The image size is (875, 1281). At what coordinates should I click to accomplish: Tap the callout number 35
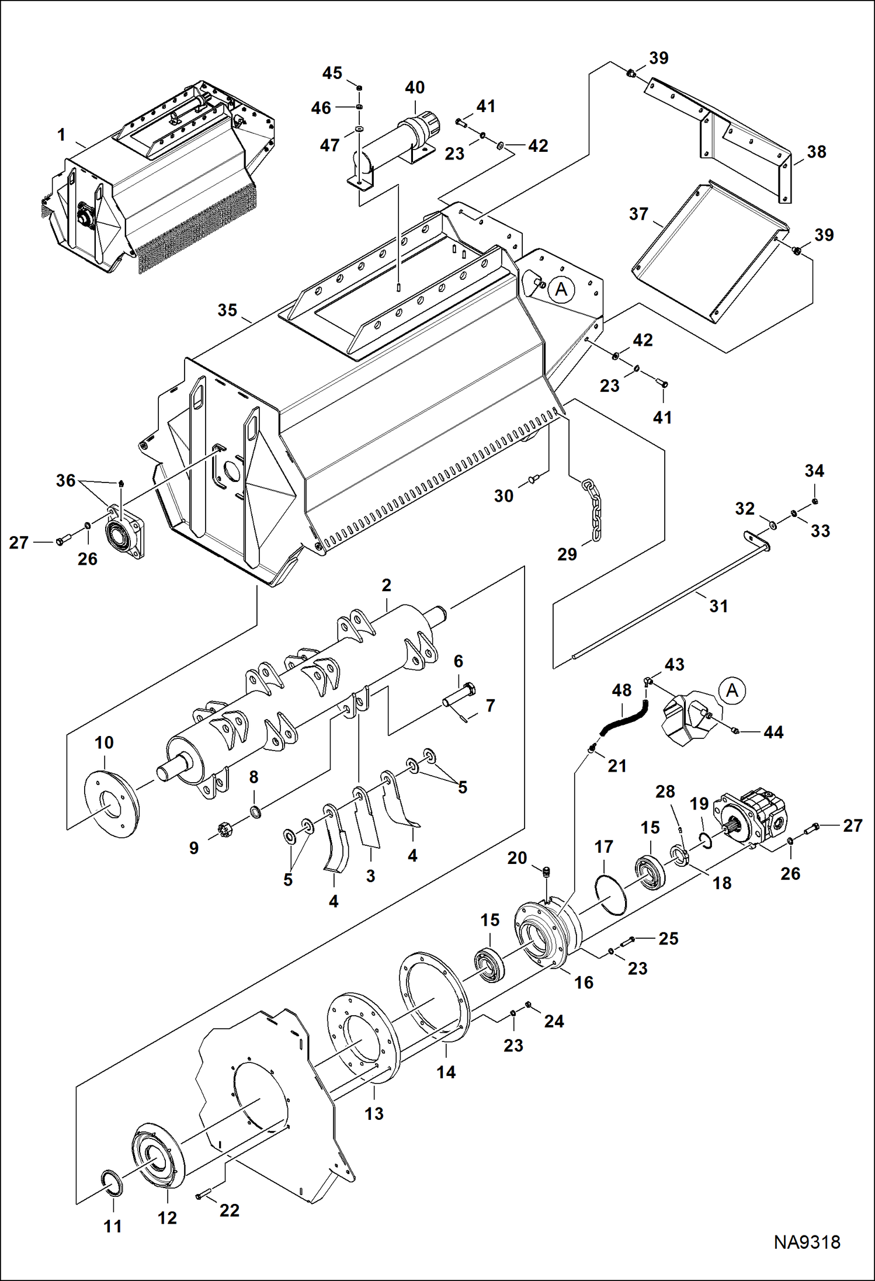click(227, 310)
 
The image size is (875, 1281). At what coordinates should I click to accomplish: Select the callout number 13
click(374, 1113)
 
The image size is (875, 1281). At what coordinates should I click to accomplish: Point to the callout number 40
click(415, 88)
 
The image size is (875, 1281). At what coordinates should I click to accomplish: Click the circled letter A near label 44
click(732, 691)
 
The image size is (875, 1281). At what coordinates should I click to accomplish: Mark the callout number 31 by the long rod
click(718, 606)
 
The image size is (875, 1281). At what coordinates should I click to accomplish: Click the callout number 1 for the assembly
click(61, 135)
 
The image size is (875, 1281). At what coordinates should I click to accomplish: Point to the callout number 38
click(816, 152)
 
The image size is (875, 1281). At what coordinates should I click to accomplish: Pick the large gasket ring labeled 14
click(434, 998)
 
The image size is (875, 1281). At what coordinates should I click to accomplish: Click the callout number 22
click(230, 1210)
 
